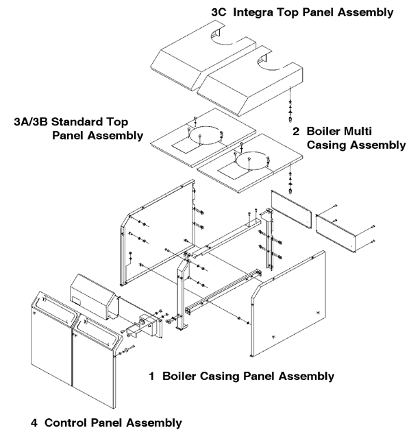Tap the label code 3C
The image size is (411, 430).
coord(219,12)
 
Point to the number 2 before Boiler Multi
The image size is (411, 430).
coord(296,131)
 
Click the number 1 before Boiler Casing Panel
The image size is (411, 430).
coord(151,376)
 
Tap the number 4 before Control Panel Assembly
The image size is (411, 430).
coord(34,421)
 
